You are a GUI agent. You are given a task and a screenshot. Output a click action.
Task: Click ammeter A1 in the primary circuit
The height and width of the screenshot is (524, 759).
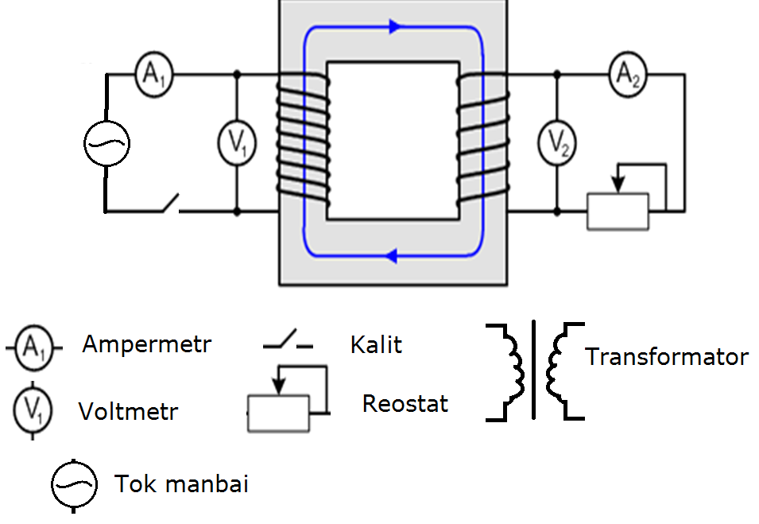pyautogui.click(x=153, y=75)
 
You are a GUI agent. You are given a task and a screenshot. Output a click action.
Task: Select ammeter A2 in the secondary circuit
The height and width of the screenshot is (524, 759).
pyautogui.click(x=628, y=75)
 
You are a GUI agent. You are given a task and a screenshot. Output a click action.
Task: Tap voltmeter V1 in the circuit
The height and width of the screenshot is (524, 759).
pyautogui.click(x=237, y=143)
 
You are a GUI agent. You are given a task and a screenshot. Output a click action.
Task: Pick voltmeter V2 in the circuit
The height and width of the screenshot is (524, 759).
pyautogui.click(x=557, y=143)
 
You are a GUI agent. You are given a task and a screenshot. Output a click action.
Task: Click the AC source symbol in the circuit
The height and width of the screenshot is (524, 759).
pyautogui.click(x=106, y=143)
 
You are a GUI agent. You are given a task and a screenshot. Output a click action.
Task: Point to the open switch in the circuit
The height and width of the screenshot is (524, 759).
pyautogui.click(x=170, y=204)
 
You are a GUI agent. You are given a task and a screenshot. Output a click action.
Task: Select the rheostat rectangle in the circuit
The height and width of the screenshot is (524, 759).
pyautogui.click(x=618, y=212)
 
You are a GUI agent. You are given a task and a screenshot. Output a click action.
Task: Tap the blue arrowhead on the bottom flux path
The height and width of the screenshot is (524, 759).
pyautogui.click(x=391, y=255)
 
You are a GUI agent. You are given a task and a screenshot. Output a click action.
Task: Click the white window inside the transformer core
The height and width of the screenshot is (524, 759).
pyautogui.click(x=393, y=141)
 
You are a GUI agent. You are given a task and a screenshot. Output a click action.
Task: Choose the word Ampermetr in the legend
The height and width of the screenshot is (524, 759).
pyautogui.click(x=147, y=345)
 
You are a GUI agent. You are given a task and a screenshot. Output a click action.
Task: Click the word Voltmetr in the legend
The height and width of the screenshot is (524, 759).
pyautogui.click(x=128, y=412)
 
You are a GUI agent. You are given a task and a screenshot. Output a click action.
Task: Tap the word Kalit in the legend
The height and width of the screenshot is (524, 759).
pyautogui.click(x=376, y=345)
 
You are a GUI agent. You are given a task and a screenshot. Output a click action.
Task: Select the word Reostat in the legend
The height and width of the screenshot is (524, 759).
pyautogui.click(x=405, y=403)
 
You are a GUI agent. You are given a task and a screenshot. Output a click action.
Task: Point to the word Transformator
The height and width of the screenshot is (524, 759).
pyautogui.click(x=667, y=357)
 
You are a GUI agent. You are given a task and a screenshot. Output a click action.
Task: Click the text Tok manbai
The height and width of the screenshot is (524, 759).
pyautogui.click(x=181, y=483)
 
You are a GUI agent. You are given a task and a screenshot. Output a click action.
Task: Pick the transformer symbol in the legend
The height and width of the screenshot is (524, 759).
pyautogui.click(x=534, y=371)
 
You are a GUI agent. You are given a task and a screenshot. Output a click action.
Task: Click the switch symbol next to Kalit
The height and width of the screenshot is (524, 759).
pyautogui.click(x=288, y=340)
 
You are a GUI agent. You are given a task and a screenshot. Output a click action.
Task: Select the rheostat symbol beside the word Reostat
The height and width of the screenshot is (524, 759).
pyautogui.click(x=288, y=398)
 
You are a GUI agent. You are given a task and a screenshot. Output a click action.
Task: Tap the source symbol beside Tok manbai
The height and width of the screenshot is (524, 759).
pyautogui.click(x=74, y=485)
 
